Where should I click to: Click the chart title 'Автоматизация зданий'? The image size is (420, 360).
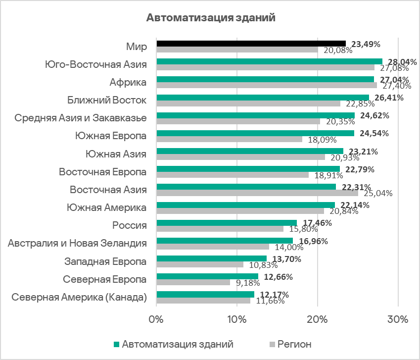coord(210,18)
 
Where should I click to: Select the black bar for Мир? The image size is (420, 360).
coord(251,44)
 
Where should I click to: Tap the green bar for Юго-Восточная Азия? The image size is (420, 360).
coord(269,61)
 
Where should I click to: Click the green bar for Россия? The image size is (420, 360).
coord(227,223)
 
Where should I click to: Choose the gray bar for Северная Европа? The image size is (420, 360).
coord(193,282)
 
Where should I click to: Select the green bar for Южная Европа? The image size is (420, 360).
coord(255,133)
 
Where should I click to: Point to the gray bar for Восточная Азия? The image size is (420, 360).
coord(257,193)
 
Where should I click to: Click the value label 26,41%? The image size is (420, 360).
coord(389,98)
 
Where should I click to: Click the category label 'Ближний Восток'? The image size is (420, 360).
coord(107,101)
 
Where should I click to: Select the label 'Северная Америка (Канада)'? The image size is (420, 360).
coord(79,297)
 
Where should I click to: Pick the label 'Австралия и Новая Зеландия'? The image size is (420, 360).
coord(78,243)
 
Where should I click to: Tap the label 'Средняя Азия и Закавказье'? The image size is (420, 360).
coord(81,118)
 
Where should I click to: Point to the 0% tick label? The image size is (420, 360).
coord(156,319)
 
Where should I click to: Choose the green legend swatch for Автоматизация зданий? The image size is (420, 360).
coord(117,344)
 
